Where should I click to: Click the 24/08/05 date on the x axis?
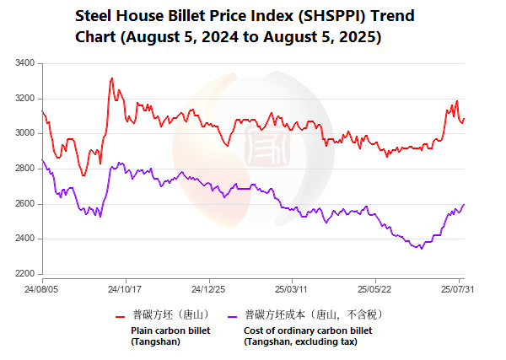coord(43,288)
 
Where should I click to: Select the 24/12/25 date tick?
coord(208,288)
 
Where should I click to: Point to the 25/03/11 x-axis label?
coord(291,288)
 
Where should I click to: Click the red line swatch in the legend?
coord(120,316)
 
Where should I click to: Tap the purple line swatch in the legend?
coord(232,316)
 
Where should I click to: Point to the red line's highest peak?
coord(111,78)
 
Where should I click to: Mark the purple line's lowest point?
coord(422,248)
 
